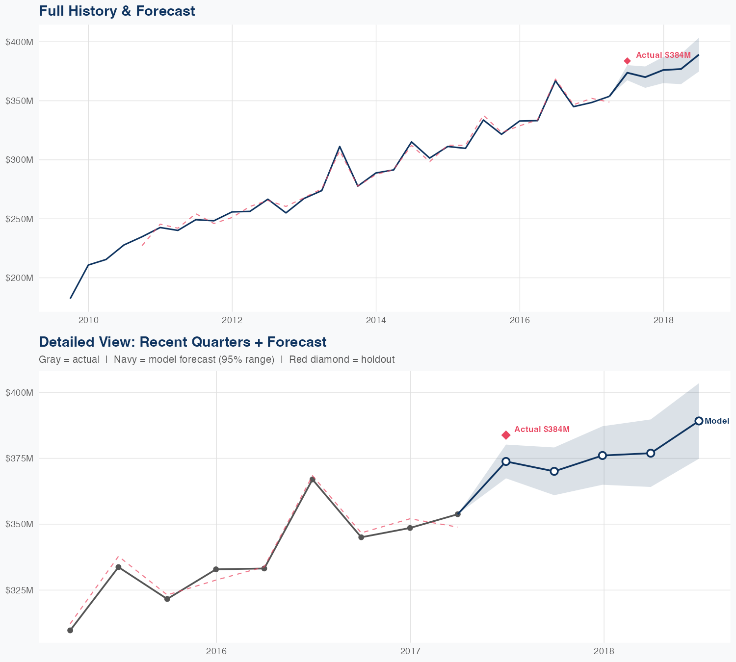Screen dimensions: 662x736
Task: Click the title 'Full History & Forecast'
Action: point(117,11)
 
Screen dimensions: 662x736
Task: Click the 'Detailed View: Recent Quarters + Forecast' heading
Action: point(183,342)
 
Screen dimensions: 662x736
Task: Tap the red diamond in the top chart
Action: point(627,61)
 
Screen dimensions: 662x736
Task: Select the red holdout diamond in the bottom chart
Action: point(506,435)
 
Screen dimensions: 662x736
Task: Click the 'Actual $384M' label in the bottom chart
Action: point(542,430)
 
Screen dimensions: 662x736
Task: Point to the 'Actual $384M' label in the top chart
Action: point(663,55)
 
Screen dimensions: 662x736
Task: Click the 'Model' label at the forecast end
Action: point(717,421)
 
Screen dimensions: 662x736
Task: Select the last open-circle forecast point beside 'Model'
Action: point(699,421)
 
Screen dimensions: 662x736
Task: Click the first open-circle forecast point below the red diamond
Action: point(506,461)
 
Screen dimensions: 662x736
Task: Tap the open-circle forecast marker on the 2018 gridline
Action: point(603,456)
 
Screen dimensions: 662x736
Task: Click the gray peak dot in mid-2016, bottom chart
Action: point(313,479)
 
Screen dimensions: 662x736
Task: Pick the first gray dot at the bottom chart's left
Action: point(70,630)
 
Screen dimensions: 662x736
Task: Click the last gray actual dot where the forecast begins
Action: point(458,514)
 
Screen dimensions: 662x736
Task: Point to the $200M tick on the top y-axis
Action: point(19,278)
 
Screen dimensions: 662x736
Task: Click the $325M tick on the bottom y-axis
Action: point(19,590)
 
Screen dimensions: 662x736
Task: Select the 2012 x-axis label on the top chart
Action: point(232,321)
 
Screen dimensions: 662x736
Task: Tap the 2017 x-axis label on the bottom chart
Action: point(410,651)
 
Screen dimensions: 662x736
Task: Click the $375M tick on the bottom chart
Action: point(19,458)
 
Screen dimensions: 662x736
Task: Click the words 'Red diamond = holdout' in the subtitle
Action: point(342,359)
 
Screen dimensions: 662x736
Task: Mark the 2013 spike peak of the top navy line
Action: point(340,146)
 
